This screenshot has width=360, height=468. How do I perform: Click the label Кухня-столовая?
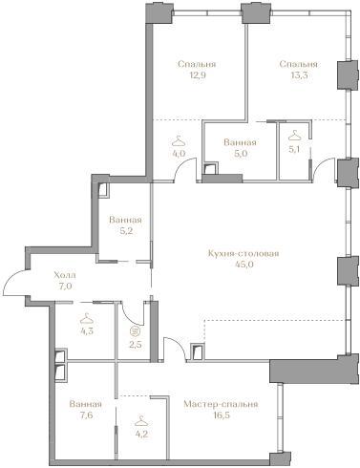[x=244, y=253]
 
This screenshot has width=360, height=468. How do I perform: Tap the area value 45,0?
[x=244, y=265]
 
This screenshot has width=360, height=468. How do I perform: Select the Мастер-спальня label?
[x=221, y=404]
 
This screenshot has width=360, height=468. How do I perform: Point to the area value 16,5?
[x=221, y=415]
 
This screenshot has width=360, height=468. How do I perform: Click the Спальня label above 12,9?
[x=197, y=64]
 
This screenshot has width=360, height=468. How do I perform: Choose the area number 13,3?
[x=298, y=75]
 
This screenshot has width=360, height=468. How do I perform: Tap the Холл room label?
[x=65, y=275]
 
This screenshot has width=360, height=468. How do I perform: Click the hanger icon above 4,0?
[x=179, y=141]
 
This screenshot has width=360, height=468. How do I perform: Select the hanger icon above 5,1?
[x=294, y=136]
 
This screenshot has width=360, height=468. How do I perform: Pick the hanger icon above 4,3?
[x=87, y=319]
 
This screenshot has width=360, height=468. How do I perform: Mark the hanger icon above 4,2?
[x=141, y=421]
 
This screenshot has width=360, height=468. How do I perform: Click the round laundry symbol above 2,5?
[x=133, y=331]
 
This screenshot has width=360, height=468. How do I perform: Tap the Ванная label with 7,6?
[x=85, y=404]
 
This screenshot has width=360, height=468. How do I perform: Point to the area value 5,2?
[x=125, y=231]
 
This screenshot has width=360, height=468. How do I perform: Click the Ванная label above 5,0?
[x=240, y=142]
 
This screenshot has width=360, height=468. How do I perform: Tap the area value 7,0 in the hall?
[x=65, y=286]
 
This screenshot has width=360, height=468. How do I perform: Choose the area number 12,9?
[x=197, y=75]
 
